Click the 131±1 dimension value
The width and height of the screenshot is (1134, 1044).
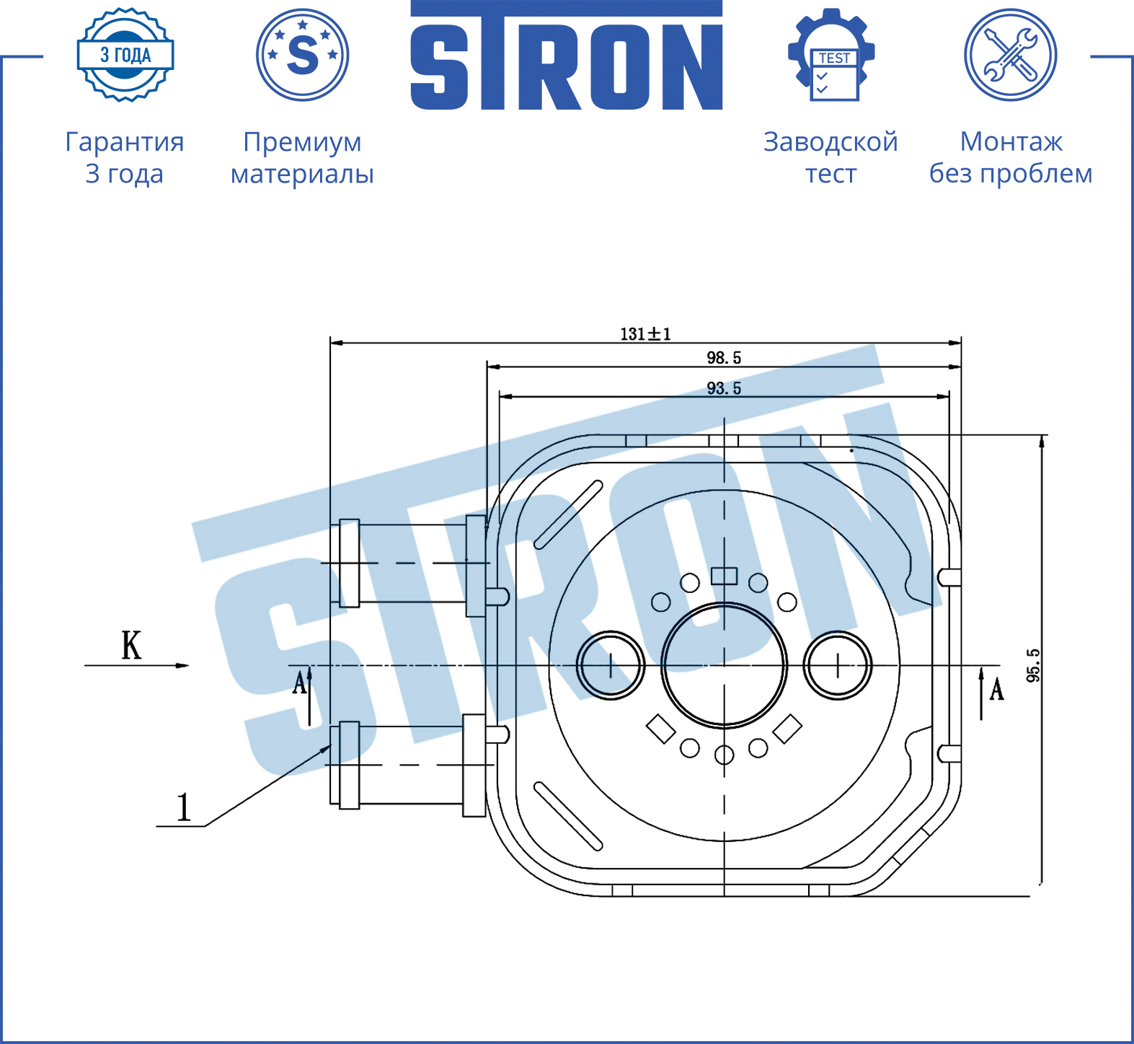645,334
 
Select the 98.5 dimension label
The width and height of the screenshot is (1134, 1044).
724,358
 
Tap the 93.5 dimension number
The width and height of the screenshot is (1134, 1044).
724,388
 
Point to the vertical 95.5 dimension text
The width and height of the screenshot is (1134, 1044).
1033,665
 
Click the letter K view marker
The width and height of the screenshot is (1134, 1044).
131,645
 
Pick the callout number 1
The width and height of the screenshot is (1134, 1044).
184,807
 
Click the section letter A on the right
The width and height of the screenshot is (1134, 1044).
997,689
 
